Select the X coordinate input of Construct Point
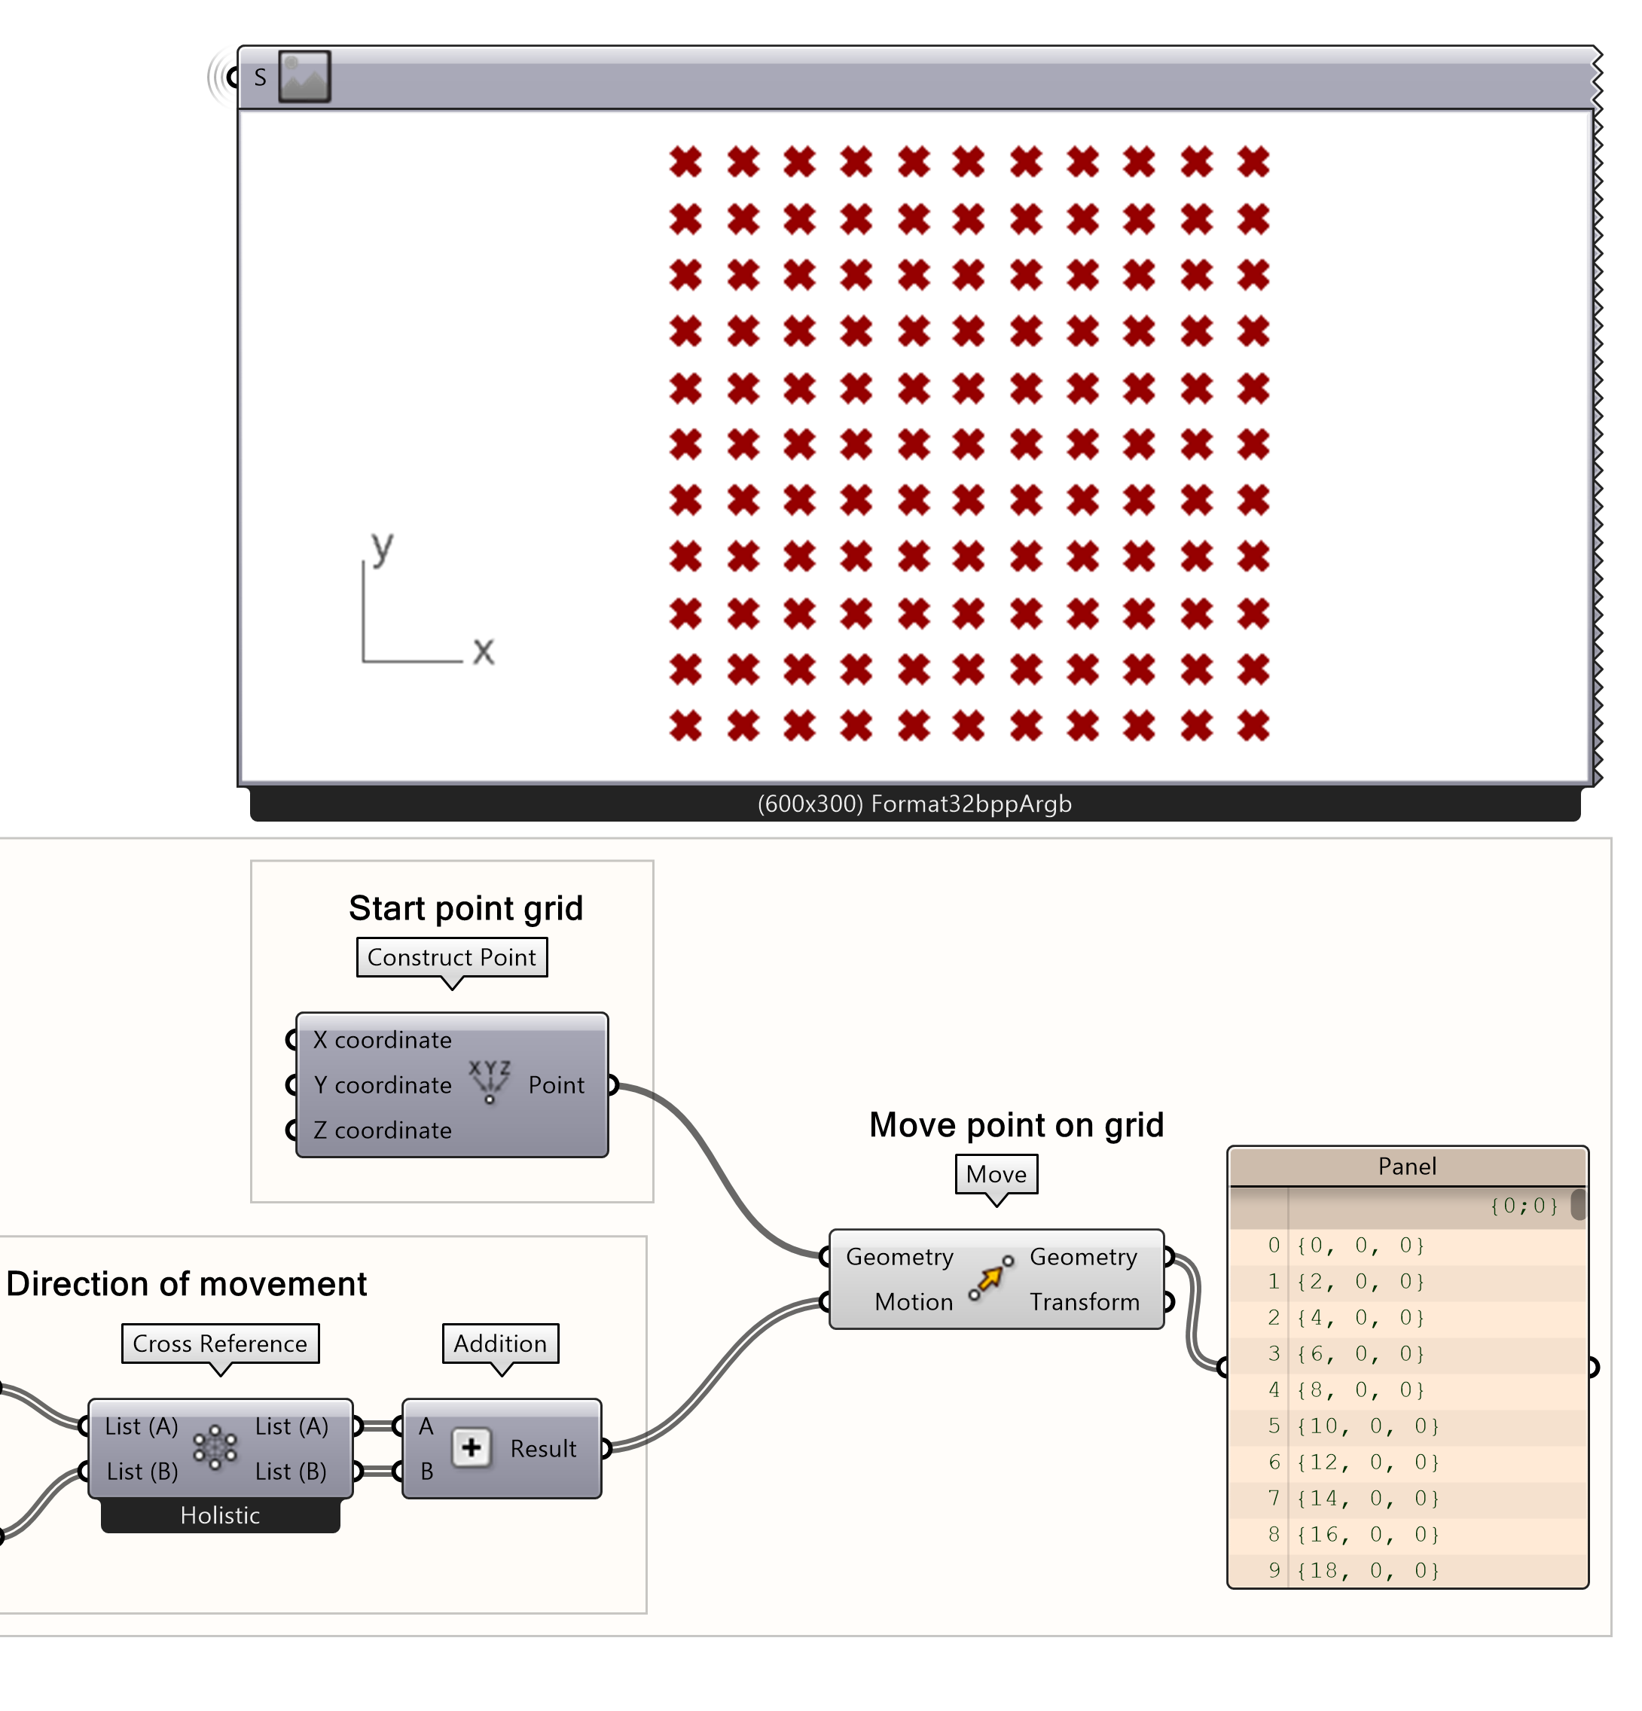click(x=381, y=1040)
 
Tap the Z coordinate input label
click(x=381, y=1130)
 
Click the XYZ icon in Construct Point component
click(x=489, y=1081)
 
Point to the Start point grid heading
click(x=465, y=908)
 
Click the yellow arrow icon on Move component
click(x=990, y=1279)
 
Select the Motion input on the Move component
click(x=912, y=1301)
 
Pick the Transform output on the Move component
click(x=1083, y=1301)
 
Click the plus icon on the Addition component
click(x=472, y=1447)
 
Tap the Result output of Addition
click(x=542, y=1448)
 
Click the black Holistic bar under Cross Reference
click(x=220, y=1514)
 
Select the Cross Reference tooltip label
click(x=220, y=1343)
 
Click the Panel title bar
click(x=1405, y=1167)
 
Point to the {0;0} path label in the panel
click(x=1522, y=1206)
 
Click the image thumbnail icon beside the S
click(x=304, y=77)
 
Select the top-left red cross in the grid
click(x=685, y=161)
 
